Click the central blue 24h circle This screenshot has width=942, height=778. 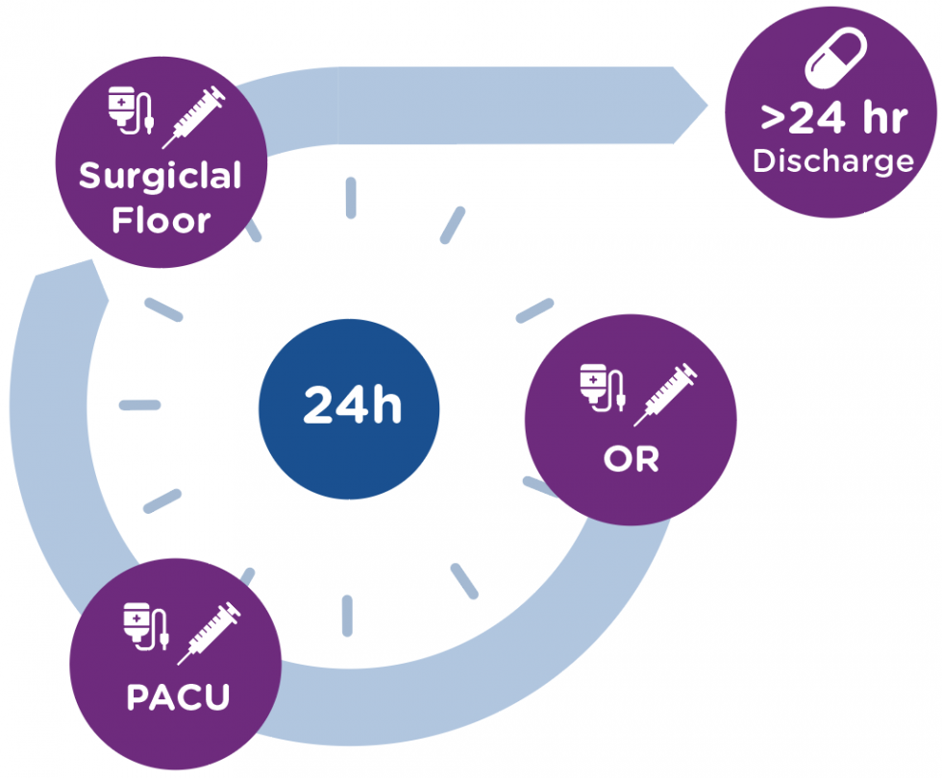pyautogui.click(x=350, y=408)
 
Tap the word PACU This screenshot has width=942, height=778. pyautogui.click(x=178, y=696)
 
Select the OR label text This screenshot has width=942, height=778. pyautogui.click(x=631, y=459)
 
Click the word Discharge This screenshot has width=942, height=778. pyautogui.click(x=832, y=160)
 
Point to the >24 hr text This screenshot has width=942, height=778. pyautogui.click(x=832, y=120)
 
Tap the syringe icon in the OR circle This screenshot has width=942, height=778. pyautogui.click(x=666, y=394)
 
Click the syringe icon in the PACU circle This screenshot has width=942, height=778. pyautogui.click(x=208, y=633)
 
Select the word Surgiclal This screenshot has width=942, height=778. pyautogui.click(x=160, y=176)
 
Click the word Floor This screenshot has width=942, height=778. pyautogui.click(x=161, y=220)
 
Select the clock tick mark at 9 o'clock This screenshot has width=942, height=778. pyautogui.click(x=139, y=404)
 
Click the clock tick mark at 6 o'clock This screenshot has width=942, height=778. pyautogui.click(x=347, y=615)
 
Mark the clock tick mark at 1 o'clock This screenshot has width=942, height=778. pyautogui.click(x=452, y=225)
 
